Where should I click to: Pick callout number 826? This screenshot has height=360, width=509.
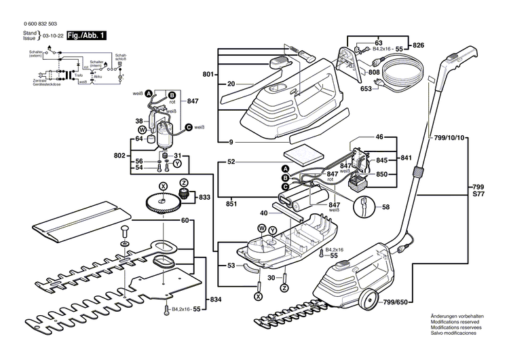(419, 46)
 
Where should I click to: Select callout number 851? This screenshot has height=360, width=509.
(231, 202)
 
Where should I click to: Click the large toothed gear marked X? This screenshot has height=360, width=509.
(161, 203)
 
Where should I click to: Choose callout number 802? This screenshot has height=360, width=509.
(120, 156)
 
